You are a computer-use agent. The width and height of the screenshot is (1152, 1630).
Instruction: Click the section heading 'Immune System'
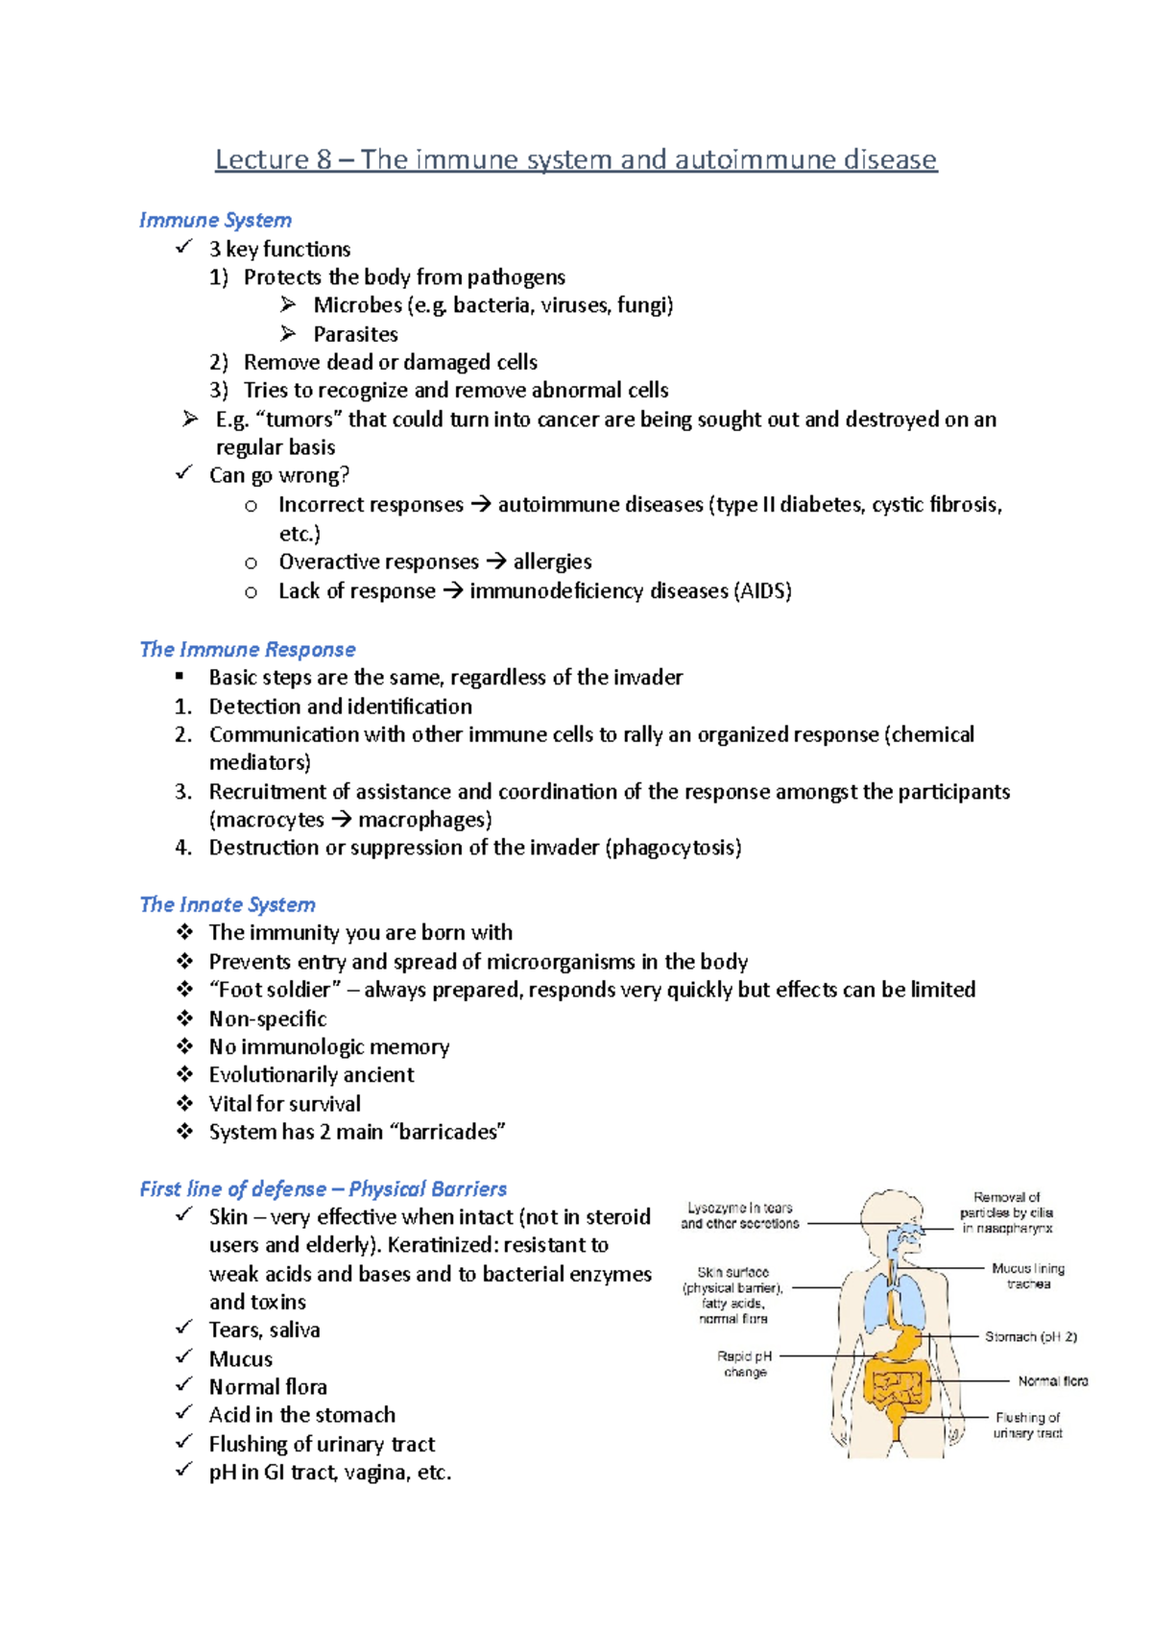point(215,220)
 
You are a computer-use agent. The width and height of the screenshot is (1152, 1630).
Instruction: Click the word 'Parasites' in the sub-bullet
point(355,334)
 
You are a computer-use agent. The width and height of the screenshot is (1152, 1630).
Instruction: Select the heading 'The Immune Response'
point(248,649)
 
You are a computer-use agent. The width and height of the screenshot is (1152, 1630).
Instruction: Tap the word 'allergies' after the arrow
point(552,562)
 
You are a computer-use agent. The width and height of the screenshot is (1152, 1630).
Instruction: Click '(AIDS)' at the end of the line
point(762,590)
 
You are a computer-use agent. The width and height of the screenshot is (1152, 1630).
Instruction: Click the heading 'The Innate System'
point(228,904)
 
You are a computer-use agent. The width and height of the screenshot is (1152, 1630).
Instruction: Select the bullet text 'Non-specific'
point(268,1019)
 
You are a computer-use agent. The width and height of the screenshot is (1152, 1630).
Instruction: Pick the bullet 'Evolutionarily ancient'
point(311,1075)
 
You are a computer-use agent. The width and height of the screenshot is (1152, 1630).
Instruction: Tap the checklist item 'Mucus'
point(241,1358)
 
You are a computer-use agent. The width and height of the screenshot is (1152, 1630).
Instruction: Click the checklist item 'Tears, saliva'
point(264,1330)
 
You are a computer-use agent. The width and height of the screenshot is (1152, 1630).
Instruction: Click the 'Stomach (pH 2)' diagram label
point(1030,1336)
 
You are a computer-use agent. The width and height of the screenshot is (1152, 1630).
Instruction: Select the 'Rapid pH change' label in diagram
point(745,1364)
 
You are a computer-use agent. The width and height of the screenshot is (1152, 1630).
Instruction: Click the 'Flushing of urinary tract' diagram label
point(1027,1425)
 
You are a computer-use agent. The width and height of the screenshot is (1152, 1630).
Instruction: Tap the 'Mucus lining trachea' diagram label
point(1028,1276)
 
